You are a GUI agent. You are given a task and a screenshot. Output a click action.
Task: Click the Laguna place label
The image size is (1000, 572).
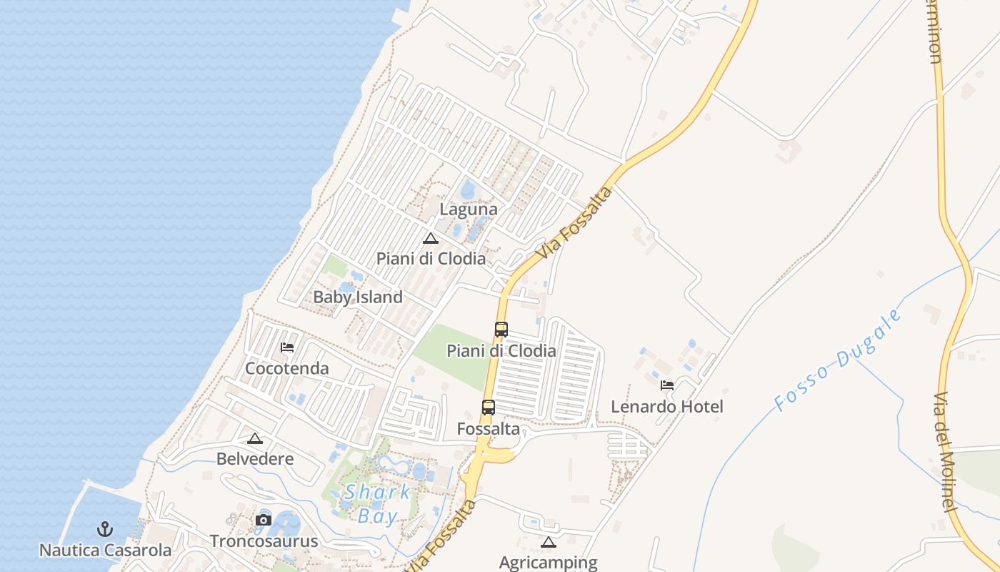click(468, 209)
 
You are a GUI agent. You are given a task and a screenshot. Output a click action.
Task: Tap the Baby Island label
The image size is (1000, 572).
click(358, 297)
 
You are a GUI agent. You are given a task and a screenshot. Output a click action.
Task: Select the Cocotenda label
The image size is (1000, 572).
click(286, 368)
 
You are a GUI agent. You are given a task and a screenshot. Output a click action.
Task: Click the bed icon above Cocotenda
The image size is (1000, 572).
click(287, 347)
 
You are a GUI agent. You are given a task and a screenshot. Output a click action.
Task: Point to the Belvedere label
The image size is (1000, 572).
click(255, 458)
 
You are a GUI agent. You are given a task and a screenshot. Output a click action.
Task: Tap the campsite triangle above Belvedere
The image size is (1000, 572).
click(255, 438)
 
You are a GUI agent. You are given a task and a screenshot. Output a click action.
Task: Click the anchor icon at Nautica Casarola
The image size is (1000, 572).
click(105, 530)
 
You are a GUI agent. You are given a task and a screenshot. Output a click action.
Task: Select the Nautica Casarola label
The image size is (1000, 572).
click(105, 550)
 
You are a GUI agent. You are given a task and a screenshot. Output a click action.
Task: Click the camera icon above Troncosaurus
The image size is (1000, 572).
click(264, 520)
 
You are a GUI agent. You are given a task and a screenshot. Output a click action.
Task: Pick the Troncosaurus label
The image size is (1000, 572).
click(264, 541)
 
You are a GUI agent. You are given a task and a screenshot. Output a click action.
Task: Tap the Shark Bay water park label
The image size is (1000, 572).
click(376, 503)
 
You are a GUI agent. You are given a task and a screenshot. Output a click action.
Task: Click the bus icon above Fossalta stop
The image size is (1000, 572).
click(489, 408)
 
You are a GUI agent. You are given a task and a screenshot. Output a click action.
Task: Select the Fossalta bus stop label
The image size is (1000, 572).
click(489, 429)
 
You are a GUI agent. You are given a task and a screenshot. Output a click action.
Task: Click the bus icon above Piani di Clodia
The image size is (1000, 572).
click(501, 330)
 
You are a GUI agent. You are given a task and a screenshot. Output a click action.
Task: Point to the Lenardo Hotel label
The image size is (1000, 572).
click(667, 406)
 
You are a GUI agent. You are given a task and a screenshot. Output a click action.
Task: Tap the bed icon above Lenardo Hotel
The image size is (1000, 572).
click(667, 385)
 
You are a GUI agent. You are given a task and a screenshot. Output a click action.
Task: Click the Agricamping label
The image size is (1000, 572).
click(548, 562)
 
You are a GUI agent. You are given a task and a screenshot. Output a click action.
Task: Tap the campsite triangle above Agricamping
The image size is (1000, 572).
click(548, 542)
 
